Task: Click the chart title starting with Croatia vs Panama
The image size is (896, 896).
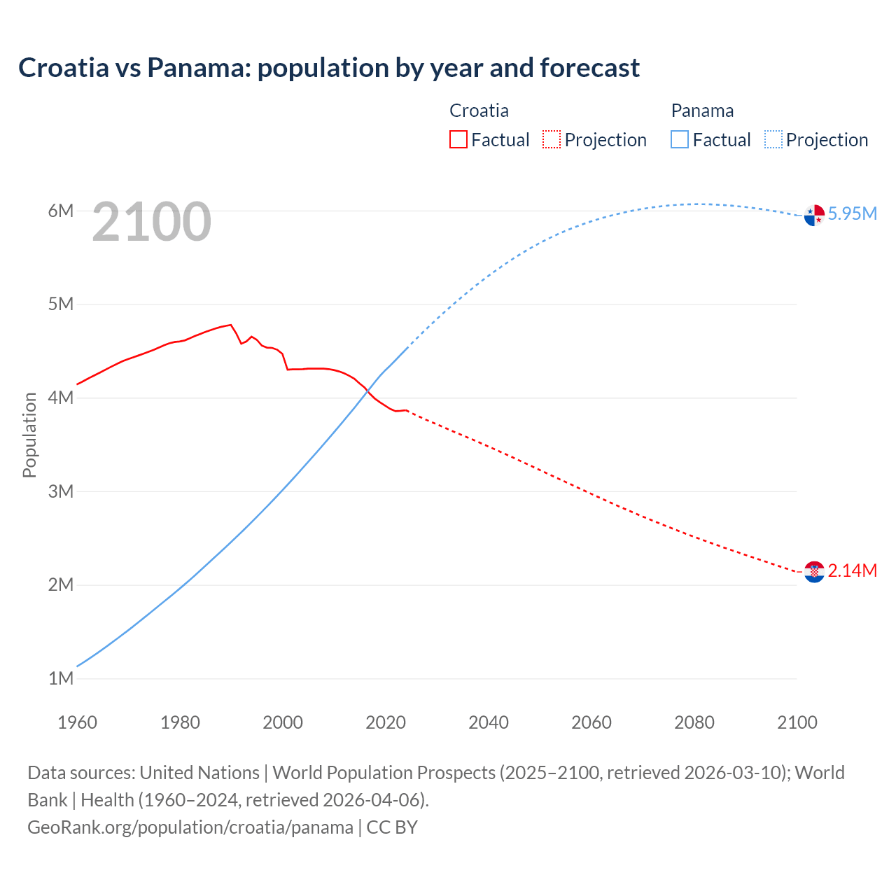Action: pyautogui.click(x=328, y=68)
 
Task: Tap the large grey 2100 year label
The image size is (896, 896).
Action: pyautogui.click(x=151, y=222)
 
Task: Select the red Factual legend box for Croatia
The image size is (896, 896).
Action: pyautogui.click(x=458, y=139)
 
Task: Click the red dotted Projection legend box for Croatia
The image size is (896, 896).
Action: pyautogui.click(x=552, y=139)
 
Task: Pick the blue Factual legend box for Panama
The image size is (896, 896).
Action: pyautogui.click(x=680, y=139)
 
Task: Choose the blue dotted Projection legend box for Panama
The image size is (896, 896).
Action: pyautogui.click(x=773, y=139)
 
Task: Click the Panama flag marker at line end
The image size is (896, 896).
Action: pyautogui.click(x=814, y=216)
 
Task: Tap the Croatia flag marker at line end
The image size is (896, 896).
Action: pyautogui.click(x=814, y=572)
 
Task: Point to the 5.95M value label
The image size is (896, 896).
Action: pyautogui.click(x=852, y=213)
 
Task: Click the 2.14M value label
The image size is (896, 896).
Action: pyautogui.click(x=852, y=570)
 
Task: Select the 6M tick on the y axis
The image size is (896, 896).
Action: pyautogui.click(x=60, y=211)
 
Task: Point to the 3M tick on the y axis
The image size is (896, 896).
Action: pyautogui.click(x=60, y=491)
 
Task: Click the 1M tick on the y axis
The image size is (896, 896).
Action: pyautogui.click(x=60, y=678)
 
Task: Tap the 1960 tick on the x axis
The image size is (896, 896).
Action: pyautogui.click(x=77, y=722)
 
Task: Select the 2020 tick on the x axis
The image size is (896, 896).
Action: pyautogui.click(x=386, y=722)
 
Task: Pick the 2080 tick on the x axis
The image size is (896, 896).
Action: pyautogui.click(x=694, y=722)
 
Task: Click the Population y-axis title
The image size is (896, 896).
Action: pyautogui.click(x=29, y=435)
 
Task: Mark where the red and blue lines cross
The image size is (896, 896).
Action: pyautogui.click(x=367, y=391)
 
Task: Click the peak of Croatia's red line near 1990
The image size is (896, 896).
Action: pyautogui.click(x=231, y=325)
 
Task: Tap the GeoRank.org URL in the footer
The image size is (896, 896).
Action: pyautogui.click(x=190, y=827)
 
